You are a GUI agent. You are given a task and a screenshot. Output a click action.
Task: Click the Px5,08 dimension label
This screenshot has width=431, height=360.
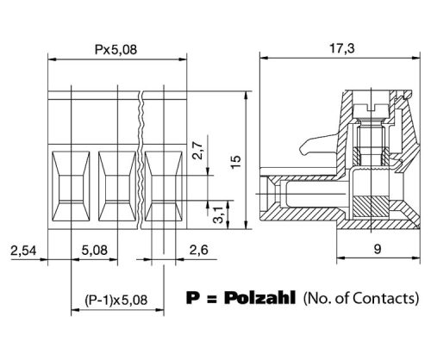coord(116,49)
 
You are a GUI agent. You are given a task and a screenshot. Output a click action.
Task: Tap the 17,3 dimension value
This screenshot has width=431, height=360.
coord(341,48)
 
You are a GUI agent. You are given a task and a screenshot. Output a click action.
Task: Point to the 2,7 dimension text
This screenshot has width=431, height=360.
coord(198,150)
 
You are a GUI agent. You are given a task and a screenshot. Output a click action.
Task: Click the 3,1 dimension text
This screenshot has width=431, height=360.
coord(218,214)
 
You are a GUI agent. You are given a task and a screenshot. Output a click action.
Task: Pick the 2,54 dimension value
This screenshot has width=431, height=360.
coord(23,251)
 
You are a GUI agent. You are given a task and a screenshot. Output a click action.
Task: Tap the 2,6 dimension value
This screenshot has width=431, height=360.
coord(198,250)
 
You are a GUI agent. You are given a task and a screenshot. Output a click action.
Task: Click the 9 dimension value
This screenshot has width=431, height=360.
coord(378,249)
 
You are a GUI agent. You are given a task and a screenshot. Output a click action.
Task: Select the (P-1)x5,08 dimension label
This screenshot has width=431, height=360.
coord(116,301)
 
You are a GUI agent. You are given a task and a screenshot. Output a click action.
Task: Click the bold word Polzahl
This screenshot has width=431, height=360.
coord(259,297)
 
